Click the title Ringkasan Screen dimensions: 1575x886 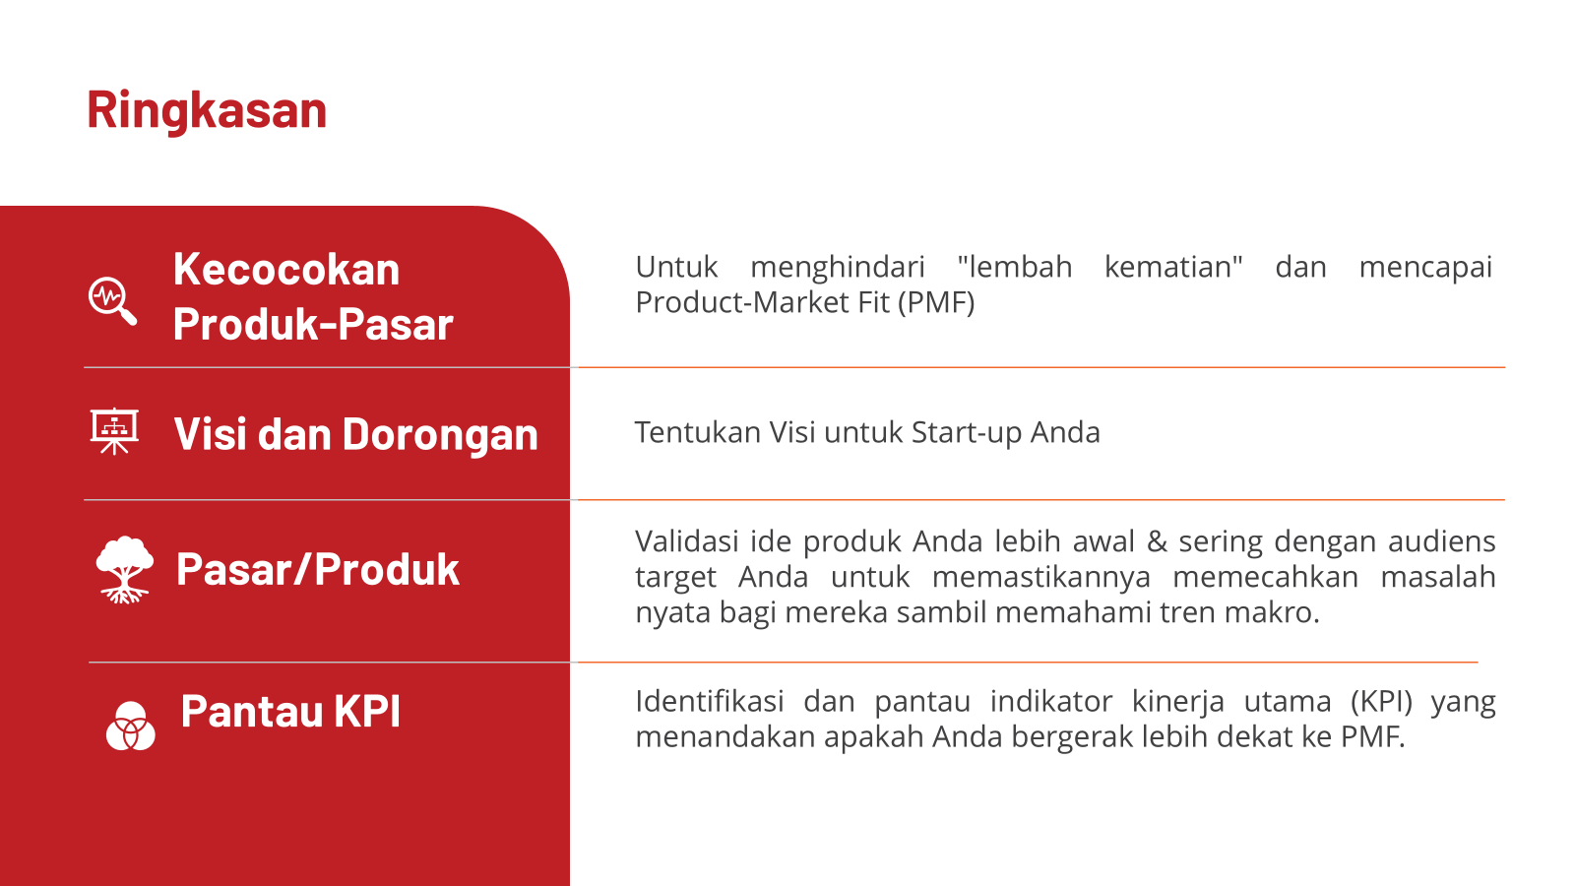pyautogui.click(x=207, y=111)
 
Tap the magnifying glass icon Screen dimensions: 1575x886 pyautogui.click(x=112, y=301)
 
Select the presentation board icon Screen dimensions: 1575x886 pyautogui.click(x=114, y=431)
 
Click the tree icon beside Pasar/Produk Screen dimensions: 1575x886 pyautogui.click(x=124, y=570)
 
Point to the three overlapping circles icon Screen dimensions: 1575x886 pyautogui.click(x=131, y=726)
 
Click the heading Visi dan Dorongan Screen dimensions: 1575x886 pyautogui.click(x=355, y=434)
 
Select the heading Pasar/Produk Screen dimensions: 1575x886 pyautogui.click(x=318, y=569)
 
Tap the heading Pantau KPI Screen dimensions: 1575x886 pyautogui.click(x=290, y=711)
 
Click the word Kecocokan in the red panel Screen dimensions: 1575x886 pyautogui.click(x=286, y=270)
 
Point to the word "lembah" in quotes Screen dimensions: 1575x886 pyautogui.click(x=1015, y=267)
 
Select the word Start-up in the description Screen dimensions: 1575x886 pyautogui.click(x=967, y=433)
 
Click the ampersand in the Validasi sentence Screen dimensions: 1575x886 pyautogui.click(x=1157, y=541)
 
